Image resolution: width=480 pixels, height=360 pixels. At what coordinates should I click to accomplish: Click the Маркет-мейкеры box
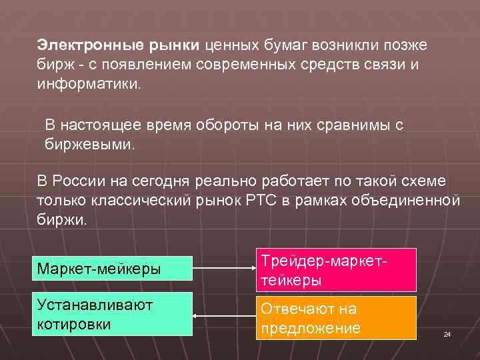click(x=114, y=269)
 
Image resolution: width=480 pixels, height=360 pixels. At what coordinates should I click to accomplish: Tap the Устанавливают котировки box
click(x=114, y=314)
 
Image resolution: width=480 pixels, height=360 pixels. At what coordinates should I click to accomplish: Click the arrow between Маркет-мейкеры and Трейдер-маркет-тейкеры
click(x=224, y=269)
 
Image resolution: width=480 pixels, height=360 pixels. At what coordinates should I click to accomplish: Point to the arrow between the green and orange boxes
click(x=224, y=316)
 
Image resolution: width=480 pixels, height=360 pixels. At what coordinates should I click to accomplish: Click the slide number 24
click(x=447, y=334)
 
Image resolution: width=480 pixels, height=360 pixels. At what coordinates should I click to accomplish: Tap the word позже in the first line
click(x=407, y=45)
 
